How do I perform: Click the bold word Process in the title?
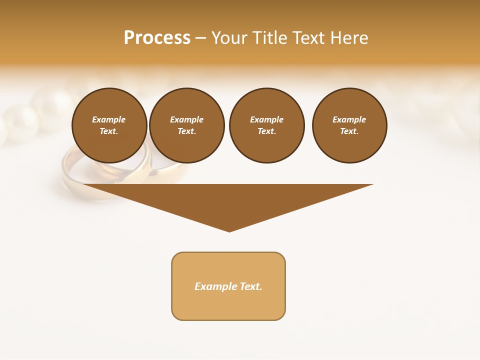[157, 38]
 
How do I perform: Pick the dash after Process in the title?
[200, 38]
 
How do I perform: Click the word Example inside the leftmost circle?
[109, 119]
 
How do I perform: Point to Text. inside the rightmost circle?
[349, 131]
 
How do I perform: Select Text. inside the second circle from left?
[186, 131]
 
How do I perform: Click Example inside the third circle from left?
[266, 119]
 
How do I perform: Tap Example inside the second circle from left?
[186, 119]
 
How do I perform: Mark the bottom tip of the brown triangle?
[229, 231]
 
